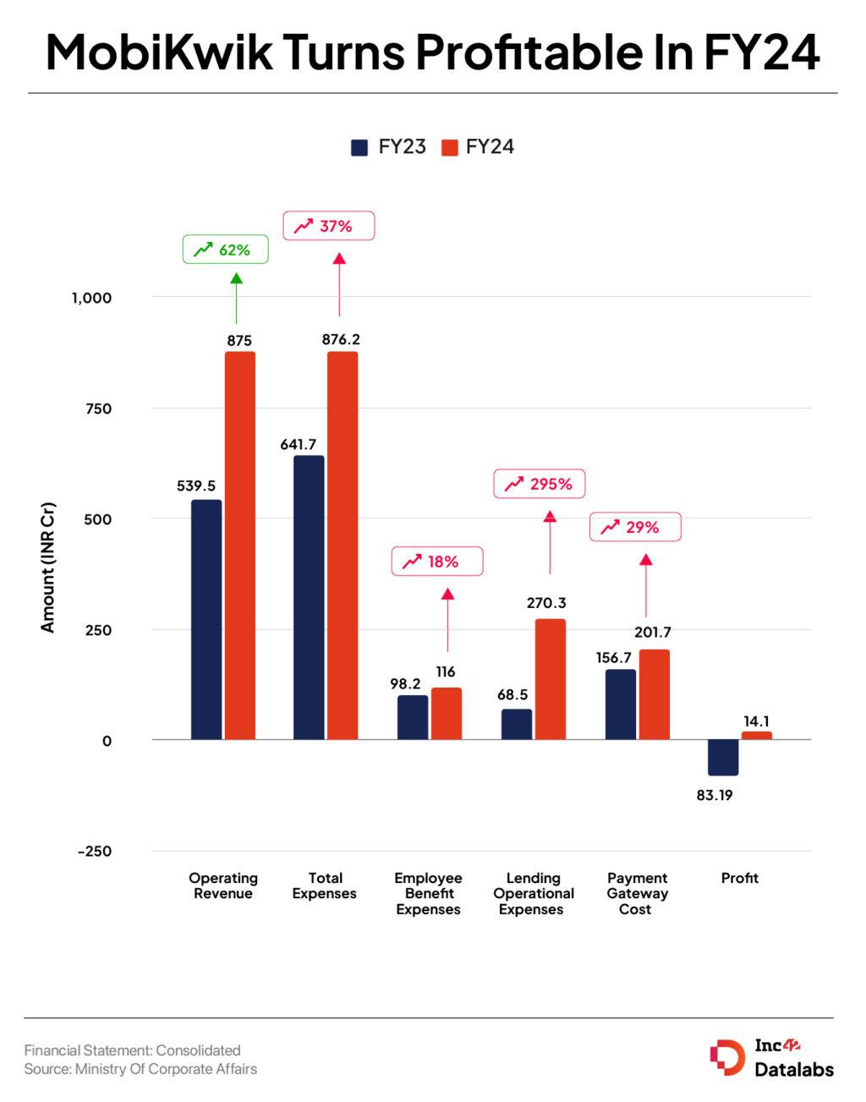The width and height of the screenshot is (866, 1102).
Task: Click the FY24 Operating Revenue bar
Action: (239, 546)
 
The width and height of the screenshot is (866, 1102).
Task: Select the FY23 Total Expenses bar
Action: (309, 597)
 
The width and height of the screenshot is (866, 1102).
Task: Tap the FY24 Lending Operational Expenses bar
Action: (550, 679)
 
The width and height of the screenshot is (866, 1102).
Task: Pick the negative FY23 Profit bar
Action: (723, 757)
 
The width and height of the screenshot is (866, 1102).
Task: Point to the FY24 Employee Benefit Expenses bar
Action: (447, 714)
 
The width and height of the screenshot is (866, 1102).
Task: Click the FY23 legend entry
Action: (389, 147)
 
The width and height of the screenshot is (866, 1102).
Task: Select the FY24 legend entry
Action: (478, 147)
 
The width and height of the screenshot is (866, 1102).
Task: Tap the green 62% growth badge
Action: (225, 249)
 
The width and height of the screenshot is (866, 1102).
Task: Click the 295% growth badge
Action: (539, 484)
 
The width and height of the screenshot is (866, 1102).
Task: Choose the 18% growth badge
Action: (436, 562)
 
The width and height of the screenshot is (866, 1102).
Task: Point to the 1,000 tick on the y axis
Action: (91, 298)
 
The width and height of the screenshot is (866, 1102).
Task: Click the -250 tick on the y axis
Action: (94, 852)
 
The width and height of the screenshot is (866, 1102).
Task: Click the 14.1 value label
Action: (756, 721)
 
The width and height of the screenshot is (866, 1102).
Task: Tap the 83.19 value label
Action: (715, 795)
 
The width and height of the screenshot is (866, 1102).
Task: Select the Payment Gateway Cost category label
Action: (637, 893)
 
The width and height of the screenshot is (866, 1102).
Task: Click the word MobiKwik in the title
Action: (159, 52)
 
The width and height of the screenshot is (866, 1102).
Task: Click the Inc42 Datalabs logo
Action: (771, 1057)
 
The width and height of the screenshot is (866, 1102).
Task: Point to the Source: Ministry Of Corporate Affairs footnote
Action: (140, 1069)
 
